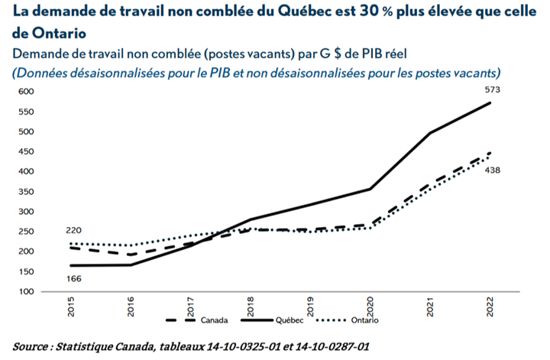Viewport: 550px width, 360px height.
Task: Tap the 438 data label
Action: click(493, 170)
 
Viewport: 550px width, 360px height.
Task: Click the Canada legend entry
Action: click(212, 320)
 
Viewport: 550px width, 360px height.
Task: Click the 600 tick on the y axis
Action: click(27, 92)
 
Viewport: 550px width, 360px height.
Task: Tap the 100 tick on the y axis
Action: click(27, 292)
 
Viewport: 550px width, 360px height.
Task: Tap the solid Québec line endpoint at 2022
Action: click(490, 102)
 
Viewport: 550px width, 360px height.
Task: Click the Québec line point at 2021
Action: click(430, 133)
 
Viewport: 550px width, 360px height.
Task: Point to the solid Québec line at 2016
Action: click(131, 265)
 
